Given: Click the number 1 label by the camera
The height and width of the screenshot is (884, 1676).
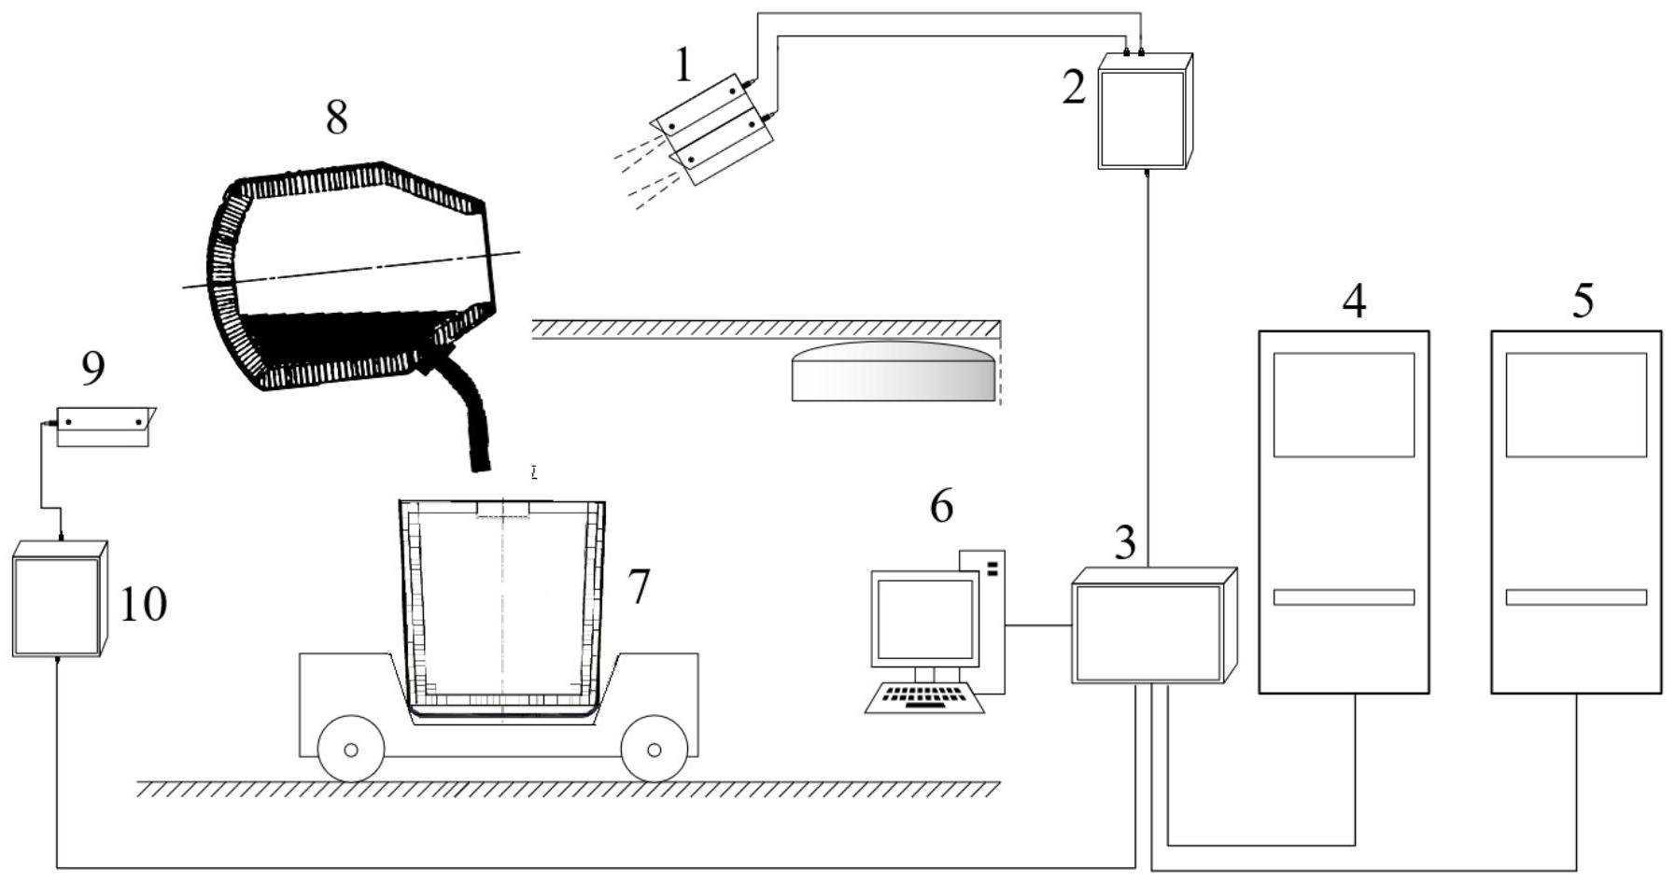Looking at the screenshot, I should (684, 66).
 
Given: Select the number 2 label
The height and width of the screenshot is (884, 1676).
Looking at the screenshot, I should (1075, 88).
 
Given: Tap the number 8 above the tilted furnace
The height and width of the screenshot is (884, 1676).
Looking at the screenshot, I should (337, 118).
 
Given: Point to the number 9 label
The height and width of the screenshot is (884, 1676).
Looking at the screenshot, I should (93, 369).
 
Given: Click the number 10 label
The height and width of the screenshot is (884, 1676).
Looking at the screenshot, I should (144, 604).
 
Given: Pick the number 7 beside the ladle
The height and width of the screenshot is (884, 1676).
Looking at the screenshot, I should (638, 587).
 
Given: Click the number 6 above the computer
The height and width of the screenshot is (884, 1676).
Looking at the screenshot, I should (941, 506).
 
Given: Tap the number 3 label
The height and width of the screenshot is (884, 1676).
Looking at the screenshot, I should (1126, 541).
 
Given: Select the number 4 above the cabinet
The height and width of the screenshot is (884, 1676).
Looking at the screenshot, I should (1354, 302).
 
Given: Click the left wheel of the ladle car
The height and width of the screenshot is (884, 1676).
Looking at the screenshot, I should (351, 750).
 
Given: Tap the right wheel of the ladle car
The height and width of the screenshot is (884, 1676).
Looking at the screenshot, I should (654, 750).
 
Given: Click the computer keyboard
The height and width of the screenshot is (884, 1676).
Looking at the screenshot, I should (925, 697).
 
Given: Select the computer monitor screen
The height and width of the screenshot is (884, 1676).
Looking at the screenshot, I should (924, 619).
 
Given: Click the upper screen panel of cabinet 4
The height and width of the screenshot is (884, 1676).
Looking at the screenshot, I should (1344, 404).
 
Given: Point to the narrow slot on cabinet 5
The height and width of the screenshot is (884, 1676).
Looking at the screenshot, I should (1576, 597).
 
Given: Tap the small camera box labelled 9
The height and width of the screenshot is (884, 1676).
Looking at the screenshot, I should (103, 427).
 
